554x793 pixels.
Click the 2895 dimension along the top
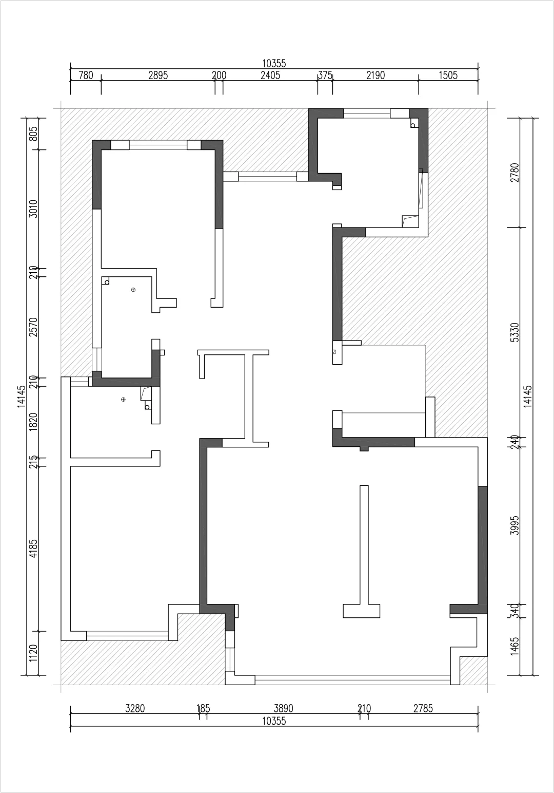158,75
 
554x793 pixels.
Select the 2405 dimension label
270,75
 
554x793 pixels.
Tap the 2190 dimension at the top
375,75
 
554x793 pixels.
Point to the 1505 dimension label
448,75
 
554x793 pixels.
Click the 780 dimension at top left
86,75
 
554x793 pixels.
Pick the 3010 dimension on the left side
34,209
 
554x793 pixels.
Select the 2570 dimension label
34,327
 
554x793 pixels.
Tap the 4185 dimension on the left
34,548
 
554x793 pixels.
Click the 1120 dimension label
34,653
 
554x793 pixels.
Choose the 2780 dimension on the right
515,173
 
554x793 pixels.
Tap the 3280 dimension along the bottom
135,709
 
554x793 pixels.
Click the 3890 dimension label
283,709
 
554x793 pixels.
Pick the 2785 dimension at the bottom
423,709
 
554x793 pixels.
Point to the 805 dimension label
34,134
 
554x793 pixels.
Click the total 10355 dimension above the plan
274,64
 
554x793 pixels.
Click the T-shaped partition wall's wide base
361,611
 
